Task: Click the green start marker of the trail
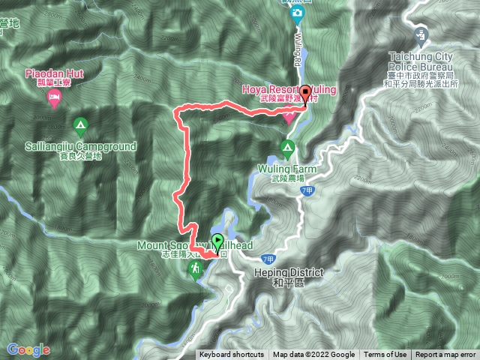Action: click(217, 242)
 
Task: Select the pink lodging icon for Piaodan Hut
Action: click(54, 99)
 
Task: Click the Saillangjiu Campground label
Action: click(80, 146)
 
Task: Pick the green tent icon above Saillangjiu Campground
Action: click(80, 124)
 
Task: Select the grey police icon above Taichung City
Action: click(421, 34)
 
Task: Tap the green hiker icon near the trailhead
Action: click(196, 268)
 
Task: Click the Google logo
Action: click(28, 349)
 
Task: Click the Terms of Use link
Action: click(385, 355)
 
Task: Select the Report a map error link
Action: click(446, 355)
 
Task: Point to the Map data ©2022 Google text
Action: click(313, 355)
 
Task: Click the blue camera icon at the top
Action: click(298, 13)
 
